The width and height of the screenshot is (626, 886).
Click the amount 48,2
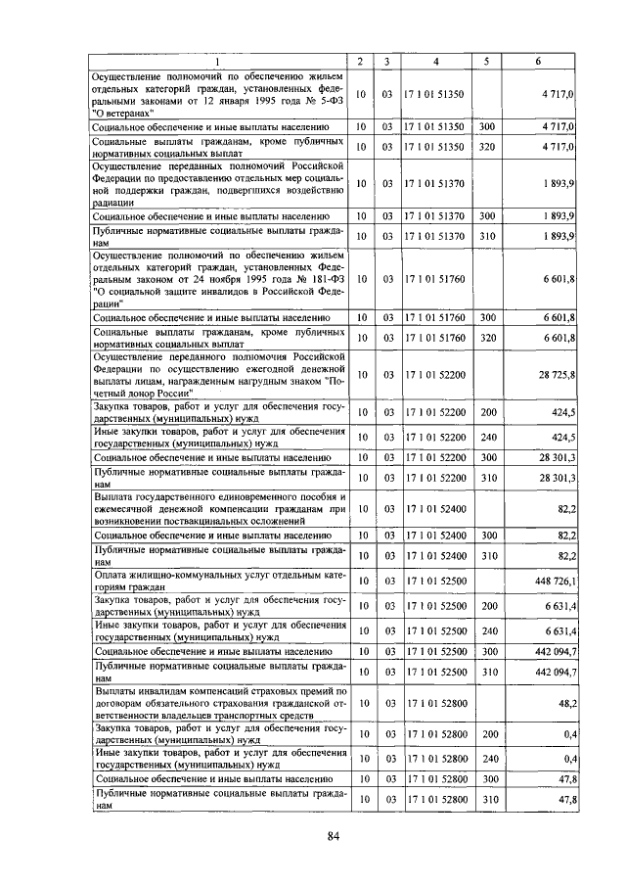(x=563, y=703)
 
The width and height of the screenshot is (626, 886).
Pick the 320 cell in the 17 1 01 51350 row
(x=485, y=147)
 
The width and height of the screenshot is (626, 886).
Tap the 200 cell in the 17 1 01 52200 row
(x=485, y=411)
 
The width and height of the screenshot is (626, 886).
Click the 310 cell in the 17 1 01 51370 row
(x=485, y=237)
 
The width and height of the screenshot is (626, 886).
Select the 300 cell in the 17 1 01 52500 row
(x=485, y=652)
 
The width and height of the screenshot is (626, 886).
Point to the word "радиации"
(x=112, y=201)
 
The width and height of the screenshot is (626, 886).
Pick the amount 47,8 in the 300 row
(x=563, y=779)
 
